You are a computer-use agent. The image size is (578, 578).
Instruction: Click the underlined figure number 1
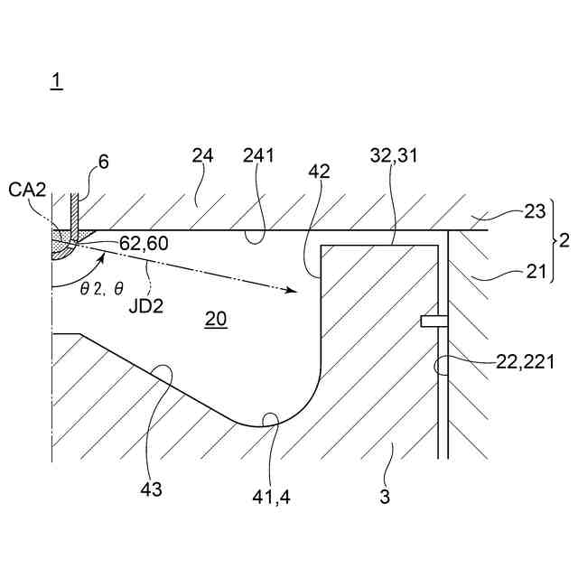point(56,81)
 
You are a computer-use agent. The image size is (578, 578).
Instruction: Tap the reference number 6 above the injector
point(103,162)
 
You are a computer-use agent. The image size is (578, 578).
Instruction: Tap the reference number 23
point(535,212)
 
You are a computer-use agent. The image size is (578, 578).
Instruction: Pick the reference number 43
point(151,489)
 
